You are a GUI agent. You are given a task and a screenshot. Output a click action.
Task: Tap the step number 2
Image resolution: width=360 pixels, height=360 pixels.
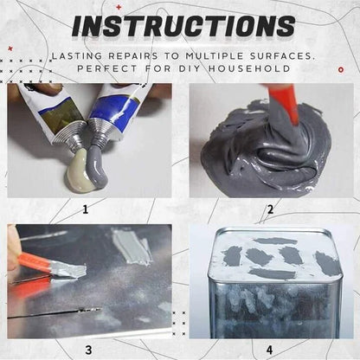coord(269,209)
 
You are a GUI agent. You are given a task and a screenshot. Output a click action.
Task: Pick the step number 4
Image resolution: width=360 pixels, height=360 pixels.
coord(269,349)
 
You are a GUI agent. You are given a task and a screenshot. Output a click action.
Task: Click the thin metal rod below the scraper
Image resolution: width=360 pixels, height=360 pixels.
coord(52,312)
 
